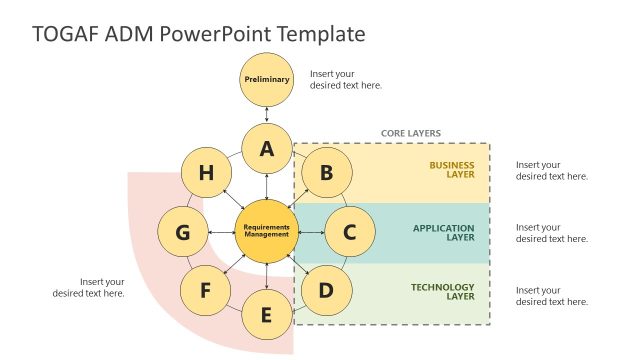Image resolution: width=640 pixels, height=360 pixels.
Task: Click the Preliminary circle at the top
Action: coord(267,79)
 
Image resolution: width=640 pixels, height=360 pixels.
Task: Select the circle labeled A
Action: coord(267,150)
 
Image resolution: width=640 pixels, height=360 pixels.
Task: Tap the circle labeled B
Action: coord(326,173)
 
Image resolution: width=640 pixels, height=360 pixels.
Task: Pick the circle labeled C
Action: coord(349,232)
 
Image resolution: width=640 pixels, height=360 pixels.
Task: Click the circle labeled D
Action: coord(326,291)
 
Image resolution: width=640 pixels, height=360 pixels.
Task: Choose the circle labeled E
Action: coord(266,315)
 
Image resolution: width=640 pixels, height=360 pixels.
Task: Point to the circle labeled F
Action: coord(206,291)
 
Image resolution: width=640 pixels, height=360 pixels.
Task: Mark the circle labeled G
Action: coord(183,232)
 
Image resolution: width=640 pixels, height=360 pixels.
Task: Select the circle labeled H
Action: coord(206,173)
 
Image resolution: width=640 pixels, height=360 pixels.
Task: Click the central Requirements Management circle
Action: coord(266,232)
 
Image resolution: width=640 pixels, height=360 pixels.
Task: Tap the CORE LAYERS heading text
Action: coord(410,133)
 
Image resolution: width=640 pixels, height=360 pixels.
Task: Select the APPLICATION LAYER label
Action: coord(444,233)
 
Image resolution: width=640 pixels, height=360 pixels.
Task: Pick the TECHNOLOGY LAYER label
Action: coord(443,293)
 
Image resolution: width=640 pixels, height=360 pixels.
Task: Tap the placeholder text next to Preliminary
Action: coord(345,79)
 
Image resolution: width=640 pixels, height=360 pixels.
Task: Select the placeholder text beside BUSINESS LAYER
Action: coord(551,170)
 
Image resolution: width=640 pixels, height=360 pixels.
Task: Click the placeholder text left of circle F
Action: coord(89,287)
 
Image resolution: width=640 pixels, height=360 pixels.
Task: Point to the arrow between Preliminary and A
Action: coord(267,115)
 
